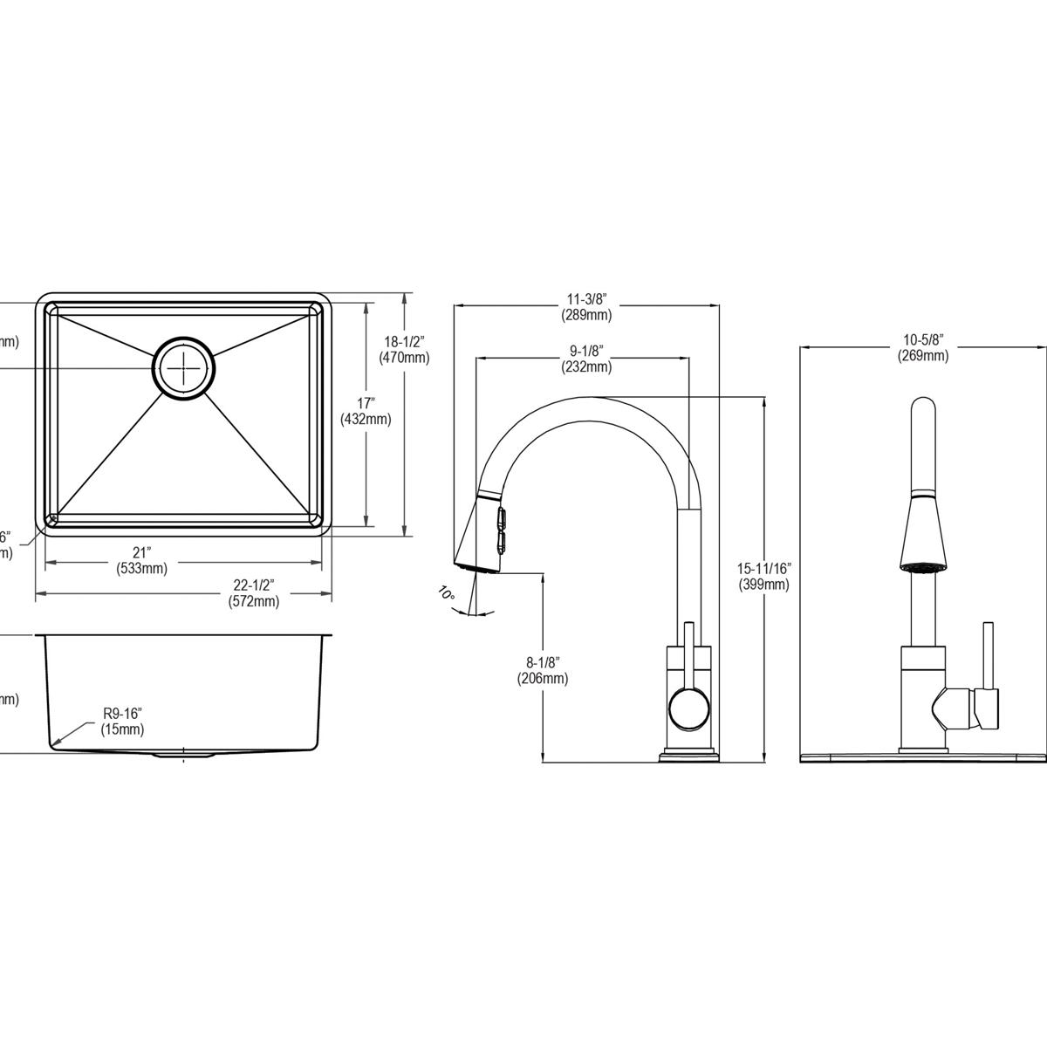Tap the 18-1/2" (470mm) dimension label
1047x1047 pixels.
(x=404, y=349)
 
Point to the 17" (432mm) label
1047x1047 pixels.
(x=366, y=411)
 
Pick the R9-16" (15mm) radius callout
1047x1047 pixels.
(x=122, y=722)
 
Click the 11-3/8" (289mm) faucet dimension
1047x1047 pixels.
(x=586, y=307)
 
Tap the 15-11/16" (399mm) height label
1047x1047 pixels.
(x=763, y=577)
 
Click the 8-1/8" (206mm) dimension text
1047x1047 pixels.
(x=543, y=670)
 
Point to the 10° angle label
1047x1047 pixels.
(x=446, y=594)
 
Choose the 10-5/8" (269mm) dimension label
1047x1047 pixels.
(x=923, y=347)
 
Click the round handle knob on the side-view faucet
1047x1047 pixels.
(x=686, y=708)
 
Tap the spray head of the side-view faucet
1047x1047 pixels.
(x=478, y=537)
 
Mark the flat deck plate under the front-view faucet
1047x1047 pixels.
(x=923, y=756)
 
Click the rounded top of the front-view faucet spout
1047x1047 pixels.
(x=922, y=410)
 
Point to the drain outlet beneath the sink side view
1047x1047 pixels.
(x=183, y=754)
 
